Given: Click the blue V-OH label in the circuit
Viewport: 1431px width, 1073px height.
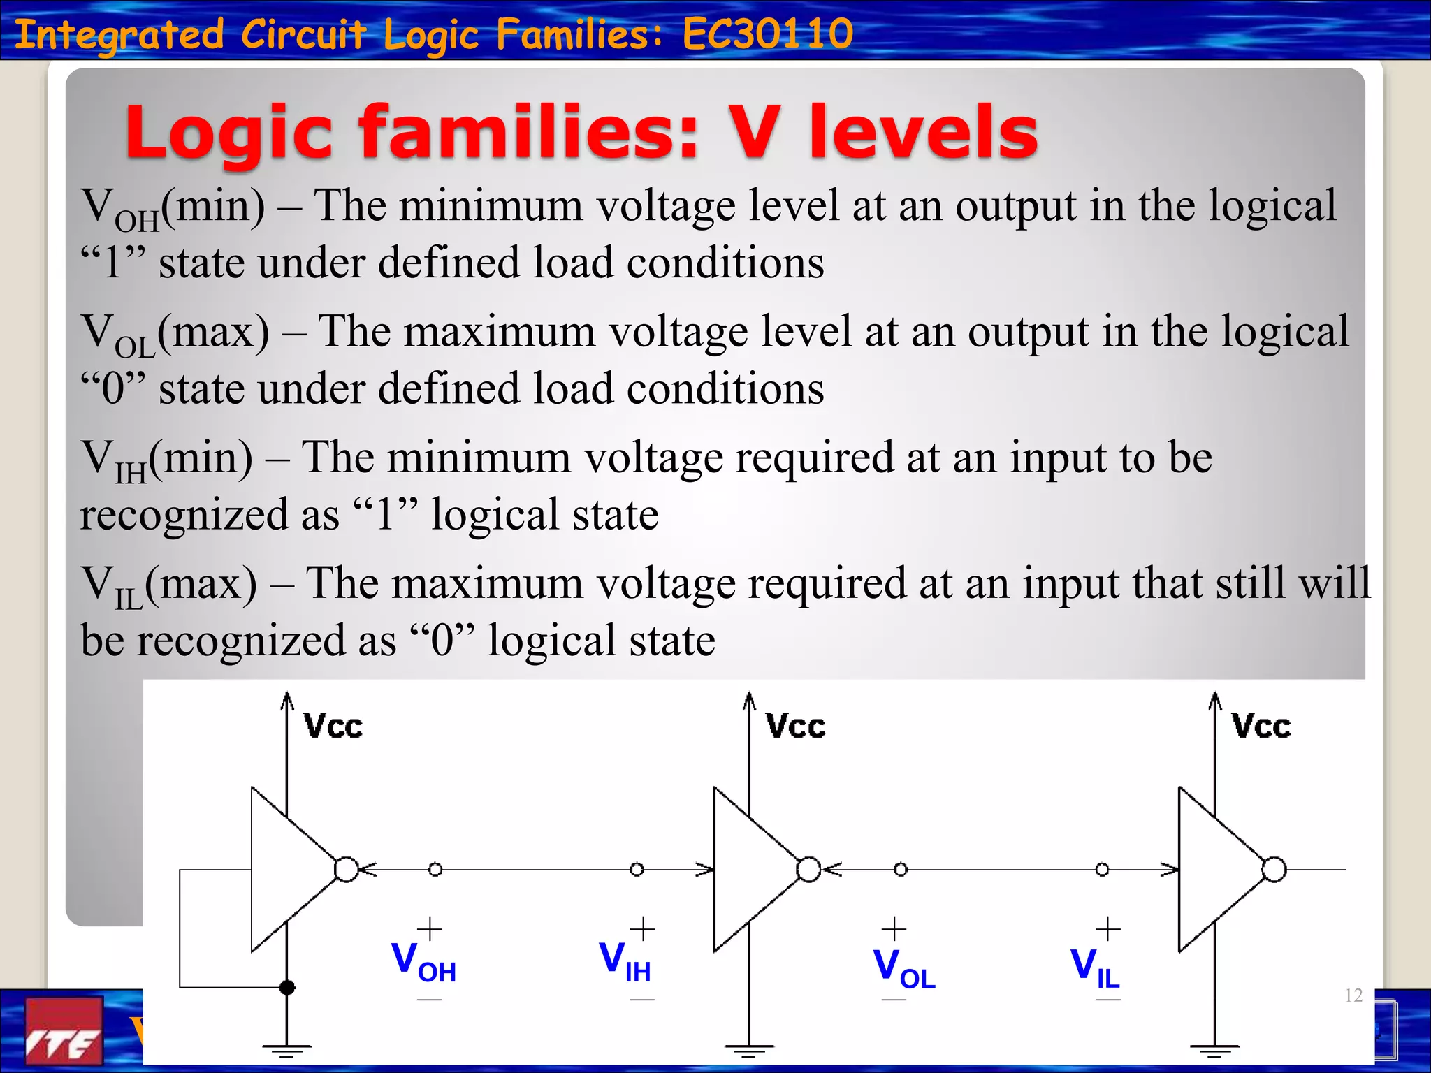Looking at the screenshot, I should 423,961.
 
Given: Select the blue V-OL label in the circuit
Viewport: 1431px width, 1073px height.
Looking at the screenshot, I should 904,969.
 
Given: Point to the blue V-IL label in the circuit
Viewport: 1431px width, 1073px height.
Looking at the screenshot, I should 1096,969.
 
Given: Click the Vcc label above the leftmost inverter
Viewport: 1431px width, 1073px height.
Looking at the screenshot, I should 333,727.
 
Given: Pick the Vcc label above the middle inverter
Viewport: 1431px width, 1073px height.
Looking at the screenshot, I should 796,727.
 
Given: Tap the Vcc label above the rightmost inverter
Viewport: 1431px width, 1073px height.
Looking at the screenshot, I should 1261,727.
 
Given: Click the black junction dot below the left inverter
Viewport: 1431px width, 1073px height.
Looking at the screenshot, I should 287,987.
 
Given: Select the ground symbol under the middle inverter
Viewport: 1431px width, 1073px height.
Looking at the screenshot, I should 749,1050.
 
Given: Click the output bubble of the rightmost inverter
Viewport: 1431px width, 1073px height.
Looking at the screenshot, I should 1274,870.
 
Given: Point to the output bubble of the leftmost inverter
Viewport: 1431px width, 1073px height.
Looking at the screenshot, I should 347,870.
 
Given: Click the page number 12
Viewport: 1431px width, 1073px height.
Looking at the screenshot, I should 1353,995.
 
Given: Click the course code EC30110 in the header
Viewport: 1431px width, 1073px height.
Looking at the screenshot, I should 768,34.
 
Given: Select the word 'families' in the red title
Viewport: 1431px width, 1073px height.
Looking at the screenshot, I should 529,133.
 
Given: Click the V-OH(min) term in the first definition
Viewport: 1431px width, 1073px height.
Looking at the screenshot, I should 173,208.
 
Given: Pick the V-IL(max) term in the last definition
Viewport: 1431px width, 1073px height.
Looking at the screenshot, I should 169,586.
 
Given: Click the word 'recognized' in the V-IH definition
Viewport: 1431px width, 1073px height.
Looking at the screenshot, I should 184,516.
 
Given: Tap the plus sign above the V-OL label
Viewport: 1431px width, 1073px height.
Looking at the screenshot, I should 894,929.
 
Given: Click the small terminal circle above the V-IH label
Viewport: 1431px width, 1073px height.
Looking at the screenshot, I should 637,870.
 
